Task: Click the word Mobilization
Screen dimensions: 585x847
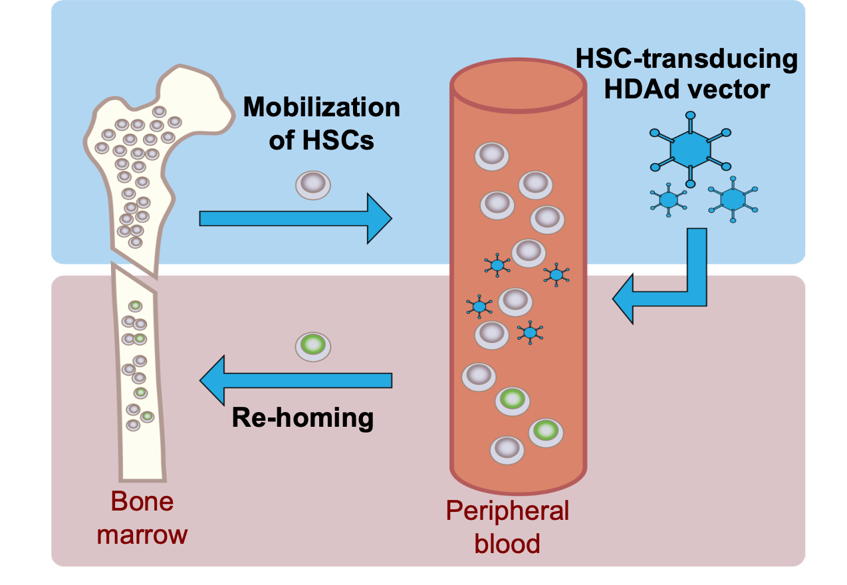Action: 321,108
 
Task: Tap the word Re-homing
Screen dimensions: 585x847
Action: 302,417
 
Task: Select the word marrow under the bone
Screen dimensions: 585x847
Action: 142,534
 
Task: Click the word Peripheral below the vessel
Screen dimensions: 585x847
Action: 507,511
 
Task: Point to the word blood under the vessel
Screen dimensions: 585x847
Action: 507,544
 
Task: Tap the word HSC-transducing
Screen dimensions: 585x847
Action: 686,58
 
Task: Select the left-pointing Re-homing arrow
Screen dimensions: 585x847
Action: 295,380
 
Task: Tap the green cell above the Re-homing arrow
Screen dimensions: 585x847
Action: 312,346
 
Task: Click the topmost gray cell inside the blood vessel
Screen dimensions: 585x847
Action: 491,156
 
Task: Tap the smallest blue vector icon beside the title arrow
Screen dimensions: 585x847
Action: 668,199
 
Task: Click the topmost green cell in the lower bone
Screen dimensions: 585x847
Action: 135,306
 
